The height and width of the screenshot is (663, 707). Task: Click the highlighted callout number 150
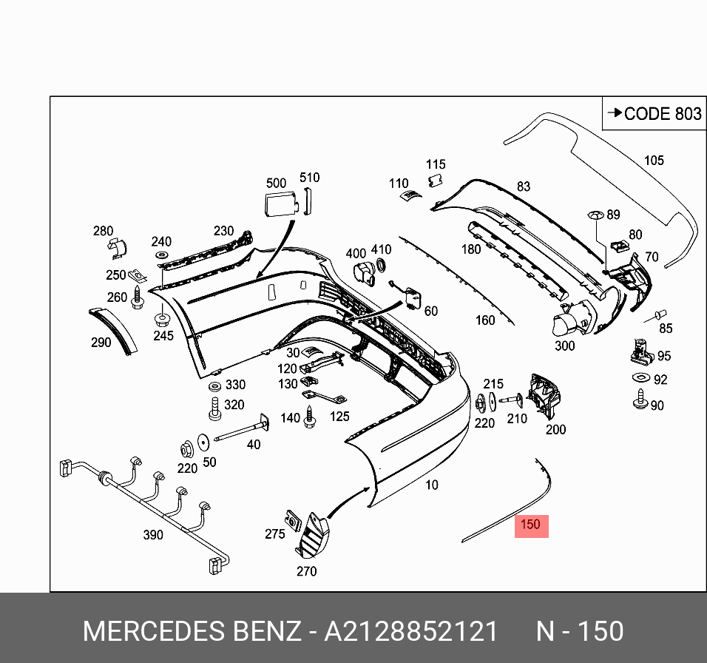[531, 525]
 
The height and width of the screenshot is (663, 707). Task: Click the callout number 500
[276, 183]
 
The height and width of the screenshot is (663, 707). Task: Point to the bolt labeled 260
[138, 298]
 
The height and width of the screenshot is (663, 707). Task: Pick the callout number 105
[654, 160]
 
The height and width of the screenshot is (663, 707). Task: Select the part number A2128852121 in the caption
[412, 631]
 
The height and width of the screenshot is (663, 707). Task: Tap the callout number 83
[524, 186]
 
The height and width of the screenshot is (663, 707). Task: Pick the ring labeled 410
[382, 266]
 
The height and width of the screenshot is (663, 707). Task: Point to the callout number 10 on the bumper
[432, 485]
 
